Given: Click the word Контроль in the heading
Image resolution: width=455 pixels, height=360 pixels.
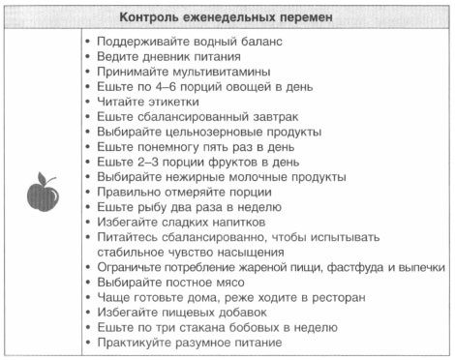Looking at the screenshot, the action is (x=150, y=17).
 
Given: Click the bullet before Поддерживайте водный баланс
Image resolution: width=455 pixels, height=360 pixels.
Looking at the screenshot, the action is (x=88, y=42).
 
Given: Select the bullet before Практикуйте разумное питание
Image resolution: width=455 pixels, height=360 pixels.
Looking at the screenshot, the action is (x=88, y=344).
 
